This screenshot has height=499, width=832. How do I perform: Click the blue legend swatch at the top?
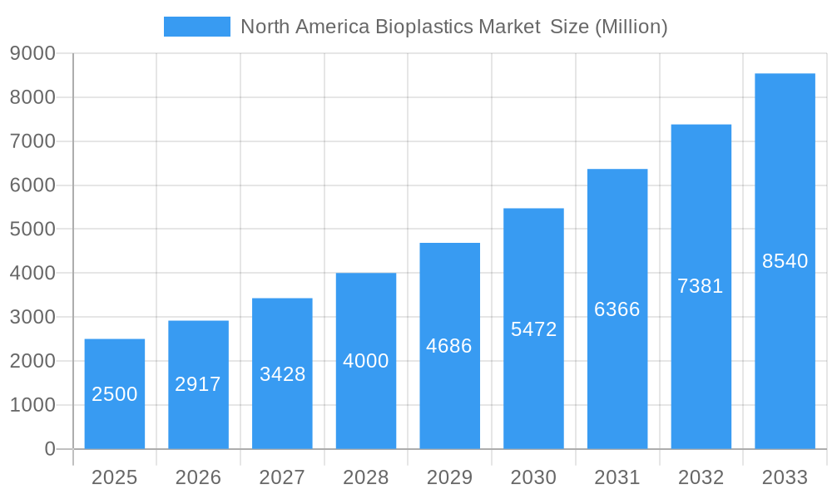(197, 27)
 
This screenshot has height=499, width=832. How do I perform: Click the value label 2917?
(198, 384)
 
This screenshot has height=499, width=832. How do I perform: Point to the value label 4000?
(366, 361)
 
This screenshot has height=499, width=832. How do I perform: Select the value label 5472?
(533, 329)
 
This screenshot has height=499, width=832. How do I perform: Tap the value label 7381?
(701, 286)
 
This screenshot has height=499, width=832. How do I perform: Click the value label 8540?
(785, 261)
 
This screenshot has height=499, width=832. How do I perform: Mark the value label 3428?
(282, 374)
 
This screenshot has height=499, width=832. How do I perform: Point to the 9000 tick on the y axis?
(32, 54)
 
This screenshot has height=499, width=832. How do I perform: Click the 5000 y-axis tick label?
(32, 230)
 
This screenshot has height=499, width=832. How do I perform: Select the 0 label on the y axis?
(49, 449)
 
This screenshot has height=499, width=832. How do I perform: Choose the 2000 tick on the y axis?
(32, 361)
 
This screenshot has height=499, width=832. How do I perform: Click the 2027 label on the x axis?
(282, 477)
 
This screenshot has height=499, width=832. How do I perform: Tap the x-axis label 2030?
(533, 477)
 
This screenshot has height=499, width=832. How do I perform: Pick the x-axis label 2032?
(701, 477)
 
